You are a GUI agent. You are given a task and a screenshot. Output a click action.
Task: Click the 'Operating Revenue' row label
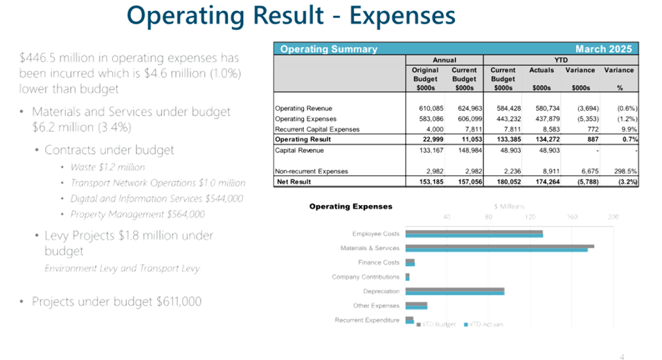coord(303,109)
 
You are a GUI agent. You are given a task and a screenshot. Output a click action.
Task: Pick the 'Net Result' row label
coord(296,182)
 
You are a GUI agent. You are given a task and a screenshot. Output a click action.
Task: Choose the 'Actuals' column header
coord(542,70)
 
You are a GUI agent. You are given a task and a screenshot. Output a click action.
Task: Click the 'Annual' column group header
coord(444,60)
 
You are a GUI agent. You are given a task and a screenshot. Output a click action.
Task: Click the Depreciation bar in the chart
coord(454,291)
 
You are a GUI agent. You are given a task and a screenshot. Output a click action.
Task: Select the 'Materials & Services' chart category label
coord(369,248)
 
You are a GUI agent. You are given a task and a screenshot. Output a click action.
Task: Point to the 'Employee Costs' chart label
coord(375,233)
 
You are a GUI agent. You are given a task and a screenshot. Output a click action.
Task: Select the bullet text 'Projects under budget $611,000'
coord(116,301)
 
